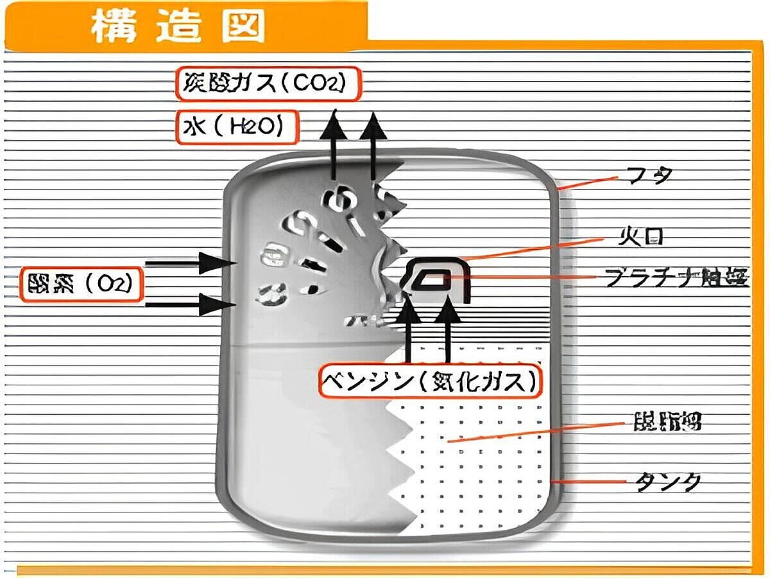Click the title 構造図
(177, 26)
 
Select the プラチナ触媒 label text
(676, 278)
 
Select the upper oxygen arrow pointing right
(186, 263)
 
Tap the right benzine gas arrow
(448, 328)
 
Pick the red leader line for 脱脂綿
(539, 432)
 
